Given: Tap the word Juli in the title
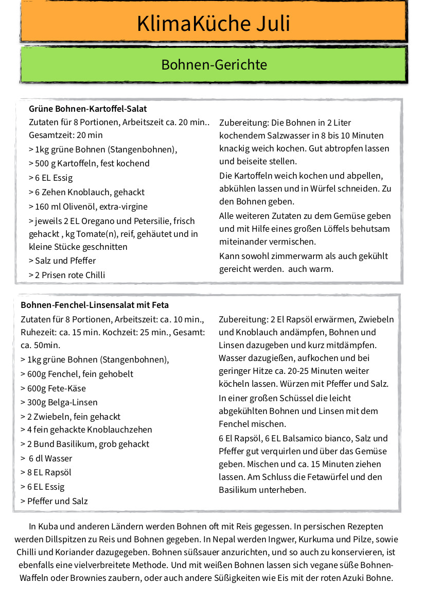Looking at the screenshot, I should (271, 24).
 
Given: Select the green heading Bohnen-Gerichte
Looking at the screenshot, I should (214, 65).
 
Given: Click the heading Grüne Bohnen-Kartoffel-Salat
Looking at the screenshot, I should (88, 109).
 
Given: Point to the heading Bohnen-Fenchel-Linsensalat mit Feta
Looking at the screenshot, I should (95, 305).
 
